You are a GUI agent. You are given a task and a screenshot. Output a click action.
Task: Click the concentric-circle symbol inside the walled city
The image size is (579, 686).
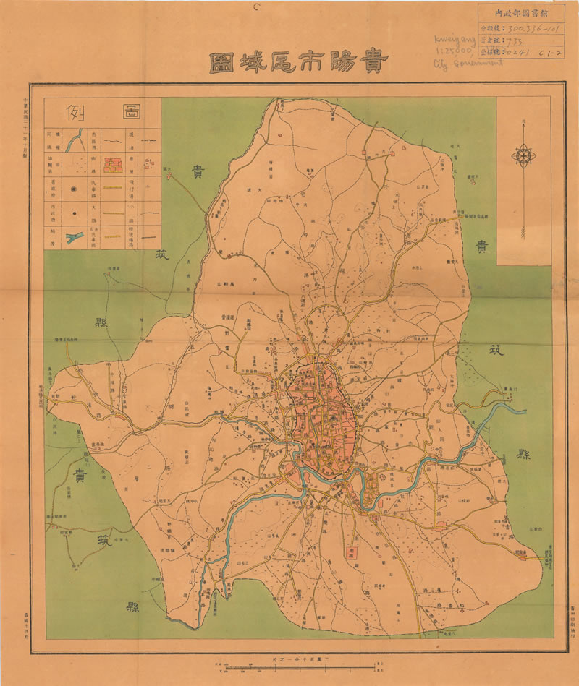pos(332,417)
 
